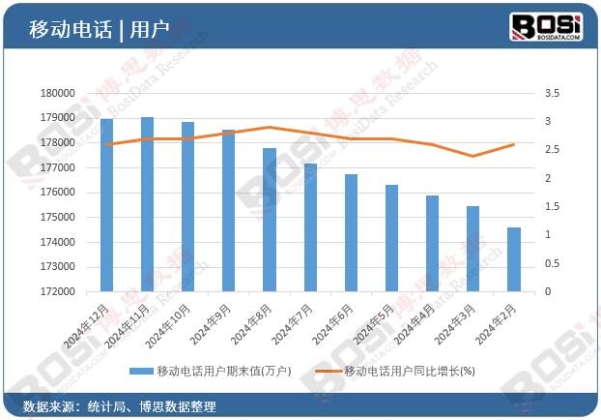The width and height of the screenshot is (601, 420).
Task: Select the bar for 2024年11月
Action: pos(148,204)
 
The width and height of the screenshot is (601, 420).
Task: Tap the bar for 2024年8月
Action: pos(270,220)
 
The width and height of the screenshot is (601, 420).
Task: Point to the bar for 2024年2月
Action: pos(513,259)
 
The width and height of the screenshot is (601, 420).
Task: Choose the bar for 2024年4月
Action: pos(432,243)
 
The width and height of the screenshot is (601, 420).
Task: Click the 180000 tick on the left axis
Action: pos(58,93)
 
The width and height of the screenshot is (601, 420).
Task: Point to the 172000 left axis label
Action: pos(58,291)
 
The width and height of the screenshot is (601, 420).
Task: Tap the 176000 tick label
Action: pos(58,192)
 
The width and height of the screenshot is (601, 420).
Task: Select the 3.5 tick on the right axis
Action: pos(553,93)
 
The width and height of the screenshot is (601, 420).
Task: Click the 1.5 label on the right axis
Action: pos(553,206)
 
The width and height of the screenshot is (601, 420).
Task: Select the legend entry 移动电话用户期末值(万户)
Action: pos(216,371)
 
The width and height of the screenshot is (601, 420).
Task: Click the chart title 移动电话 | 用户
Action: pos(99,29)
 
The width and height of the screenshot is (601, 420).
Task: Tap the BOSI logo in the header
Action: pos(545,26)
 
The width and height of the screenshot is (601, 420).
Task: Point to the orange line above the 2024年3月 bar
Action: pos(472,156)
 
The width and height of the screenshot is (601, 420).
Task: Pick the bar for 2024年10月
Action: pos(188,206)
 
